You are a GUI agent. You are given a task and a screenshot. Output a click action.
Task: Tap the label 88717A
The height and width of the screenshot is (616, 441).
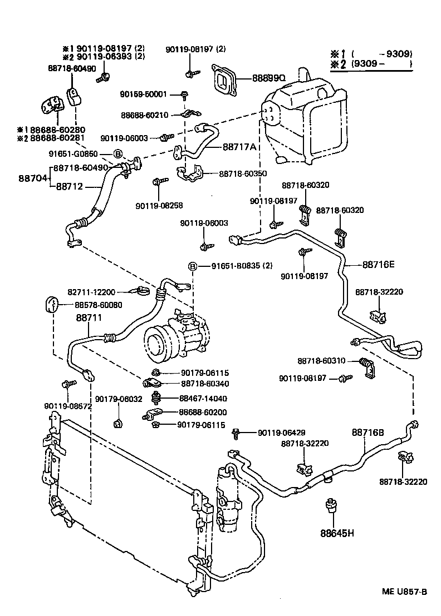click(239, 147)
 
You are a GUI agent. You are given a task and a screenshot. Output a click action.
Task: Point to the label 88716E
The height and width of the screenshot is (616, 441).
click(379, 265)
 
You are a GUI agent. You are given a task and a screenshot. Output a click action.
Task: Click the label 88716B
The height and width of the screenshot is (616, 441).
click(368, 432)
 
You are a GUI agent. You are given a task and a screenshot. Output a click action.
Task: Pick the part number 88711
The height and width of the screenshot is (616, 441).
click(89, 317)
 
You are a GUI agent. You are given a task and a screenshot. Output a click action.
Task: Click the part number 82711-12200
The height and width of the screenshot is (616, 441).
click(91, 292)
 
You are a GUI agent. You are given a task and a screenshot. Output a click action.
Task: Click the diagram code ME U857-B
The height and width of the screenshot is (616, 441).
click(404, 591)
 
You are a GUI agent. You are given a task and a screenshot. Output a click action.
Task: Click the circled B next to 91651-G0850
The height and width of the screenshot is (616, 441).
click(118, 154)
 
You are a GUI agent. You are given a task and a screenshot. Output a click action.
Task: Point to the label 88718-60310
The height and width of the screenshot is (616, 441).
click(321, 361)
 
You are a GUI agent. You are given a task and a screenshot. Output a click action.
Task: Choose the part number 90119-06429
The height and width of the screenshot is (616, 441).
click(281, 433)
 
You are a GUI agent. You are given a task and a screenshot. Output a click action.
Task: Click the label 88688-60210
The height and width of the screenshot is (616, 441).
click(144, 115)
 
